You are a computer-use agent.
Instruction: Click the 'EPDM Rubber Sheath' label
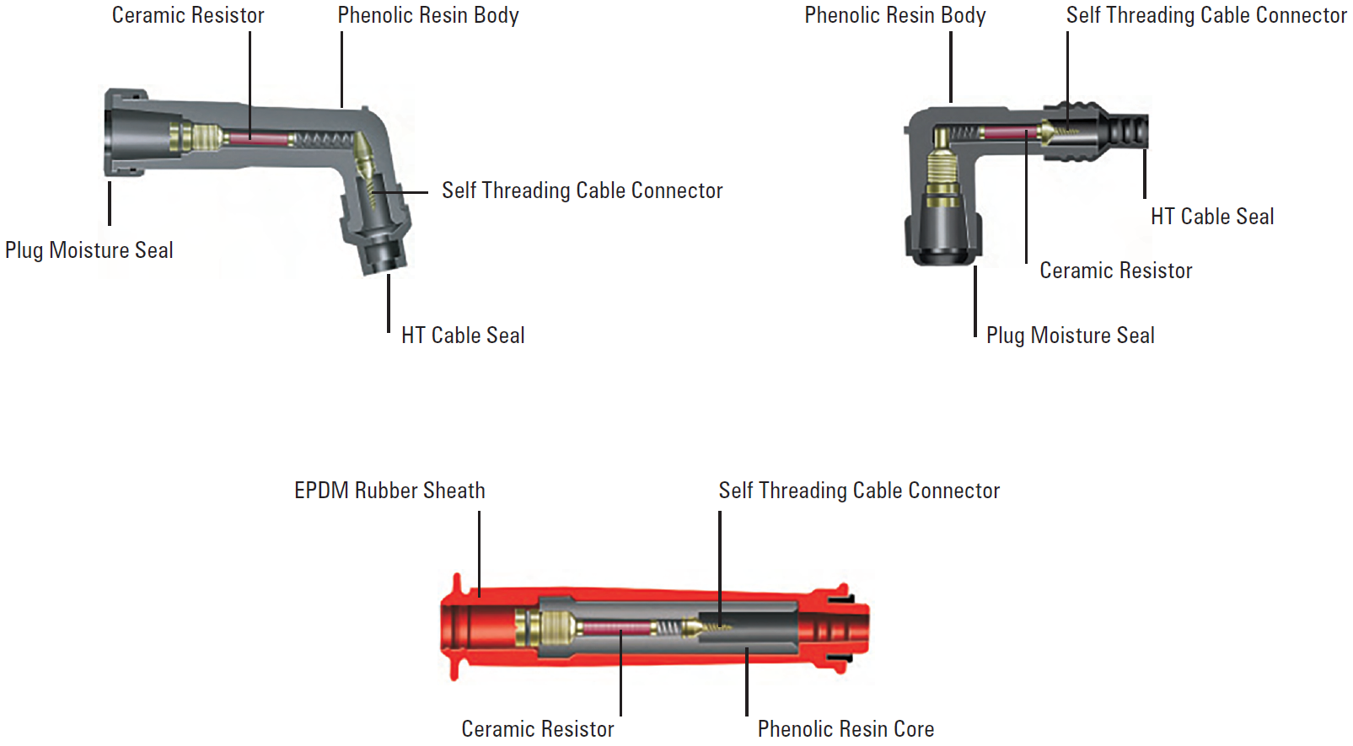(389, 491)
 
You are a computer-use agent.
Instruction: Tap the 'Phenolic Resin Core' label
(846, 729)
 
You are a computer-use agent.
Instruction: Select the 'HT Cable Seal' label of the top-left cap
(463, 335)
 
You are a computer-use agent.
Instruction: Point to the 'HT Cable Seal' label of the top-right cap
(1212, 217)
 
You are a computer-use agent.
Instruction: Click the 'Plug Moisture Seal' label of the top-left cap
(89, 250)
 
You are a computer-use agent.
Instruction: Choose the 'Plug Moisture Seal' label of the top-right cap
(1071, 335)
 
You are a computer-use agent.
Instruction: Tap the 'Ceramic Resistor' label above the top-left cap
(188, 15)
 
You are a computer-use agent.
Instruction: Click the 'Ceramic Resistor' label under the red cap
(538, 729)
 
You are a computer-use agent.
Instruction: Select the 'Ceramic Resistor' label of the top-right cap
(1116, 271)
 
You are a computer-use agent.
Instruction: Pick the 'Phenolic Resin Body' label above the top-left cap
(428, 15)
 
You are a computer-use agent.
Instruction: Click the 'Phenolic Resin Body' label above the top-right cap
(895, 15)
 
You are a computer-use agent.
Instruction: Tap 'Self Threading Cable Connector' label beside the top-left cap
(583, 191)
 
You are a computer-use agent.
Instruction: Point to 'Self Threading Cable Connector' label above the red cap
(859, 491)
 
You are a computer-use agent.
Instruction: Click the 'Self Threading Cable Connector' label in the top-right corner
(1206, 15)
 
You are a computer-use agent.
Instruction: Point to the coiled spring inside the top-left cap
(325, 139)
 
